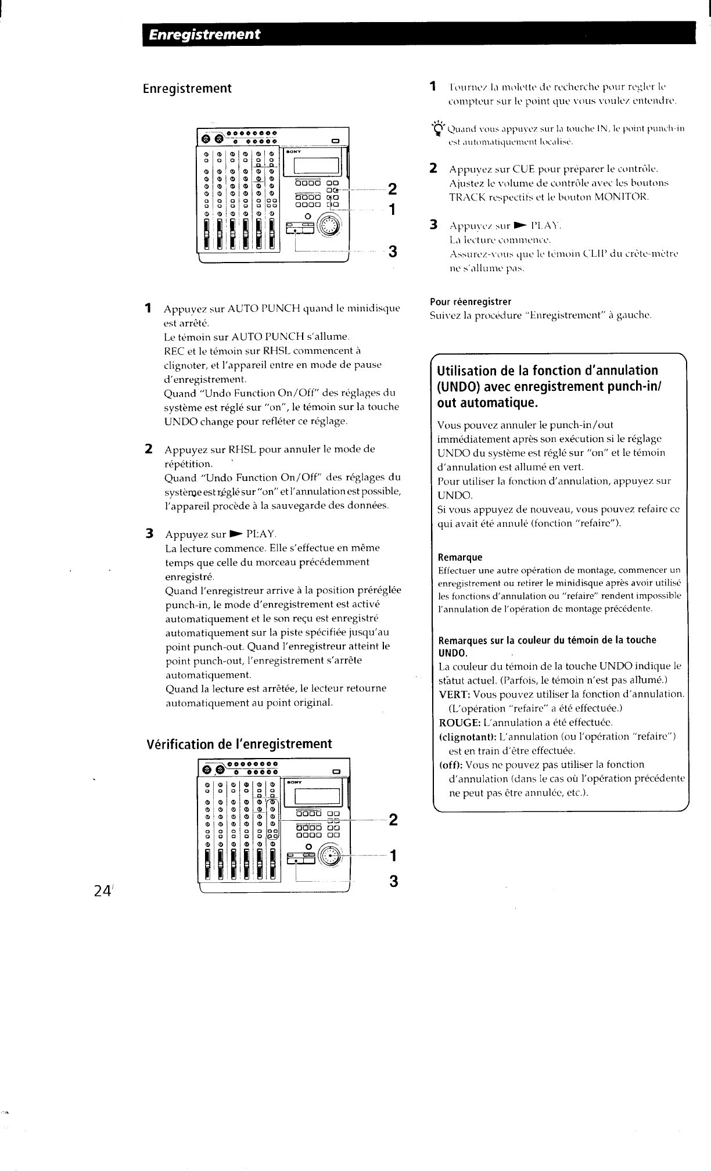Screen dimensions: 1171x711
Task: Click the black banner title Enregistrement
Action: pyautogui.click(x=203, y=34)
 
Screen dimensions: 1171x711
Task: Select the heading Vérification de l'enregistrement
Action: pyautogui.click(x=239, y=744)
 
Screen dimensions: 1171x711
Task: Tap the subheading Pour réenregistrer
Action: pyautogui.click(x=471, y=301)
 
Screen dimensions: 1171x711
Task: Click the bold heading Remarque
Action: pyautogui.click(x=460, y=557)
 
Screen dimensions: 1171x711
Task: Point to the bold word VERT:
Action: pyautogui.click(x=454, y=694)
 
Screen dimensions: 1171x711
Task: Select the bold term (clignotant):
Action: pyautogui.click(x=467, y=737)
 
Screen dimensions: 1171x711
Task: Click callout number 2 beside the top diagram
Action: pyautogui.click(x=393, y=189)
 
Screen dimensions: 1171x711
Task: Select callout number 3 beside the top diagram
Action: pyautogui.click(x=393, y=252)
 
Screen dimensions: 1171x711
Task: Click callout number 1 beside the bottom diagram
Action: pyautogui.click(x=393, y=855)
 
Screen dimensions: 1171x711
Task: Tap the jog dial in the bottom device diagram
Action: pyautogui.click(x=332, y=854)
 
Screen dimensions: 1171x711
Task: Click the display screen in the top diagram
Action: pyautogui.click(x=317, y=168)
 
